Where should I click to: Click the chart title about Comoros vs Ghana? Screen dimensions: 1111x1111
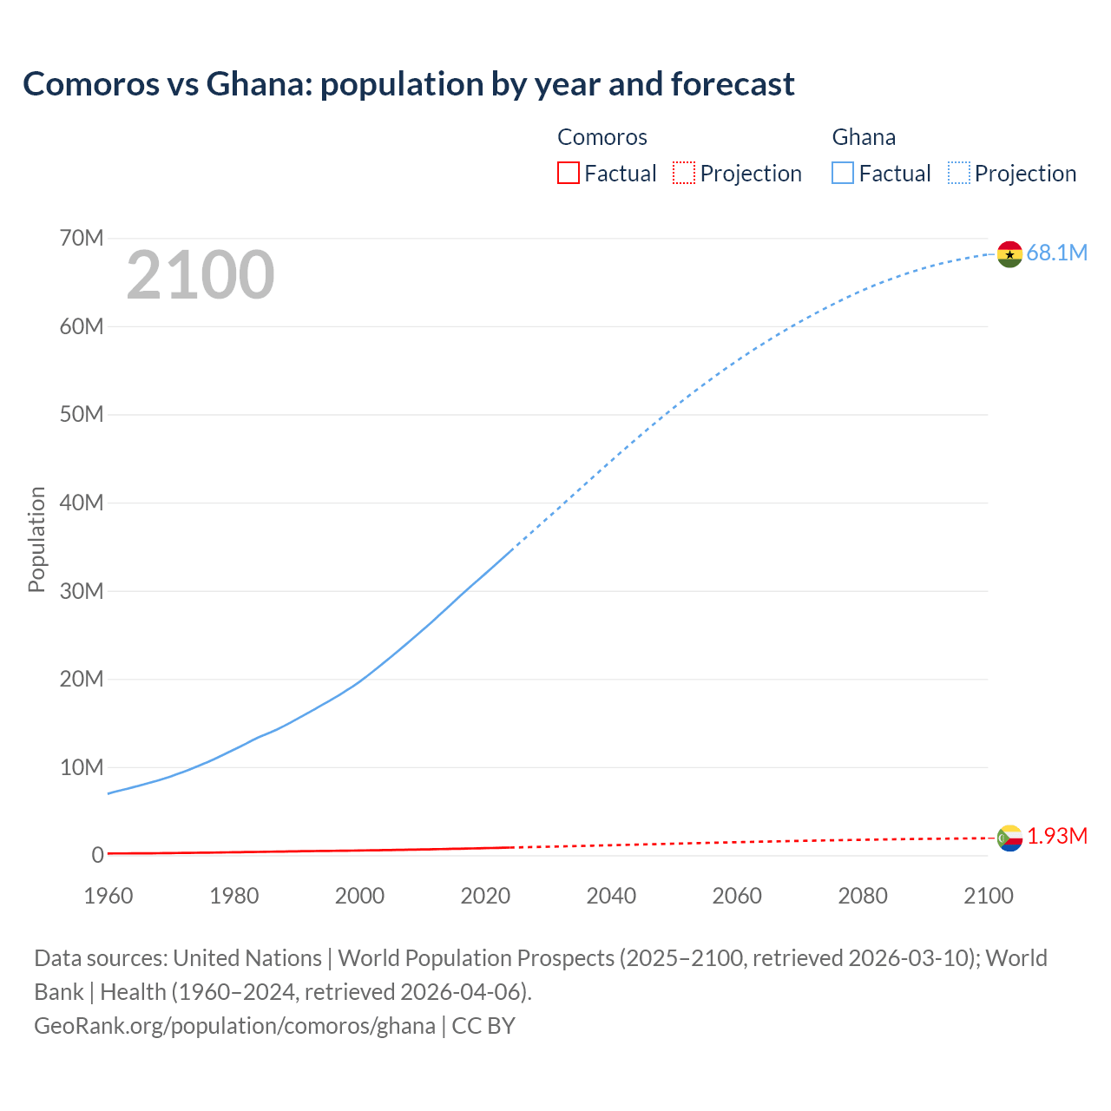(x=408, y=84)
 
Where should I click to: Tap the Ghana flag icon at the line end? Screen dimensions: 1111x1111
(x=1009, y=254)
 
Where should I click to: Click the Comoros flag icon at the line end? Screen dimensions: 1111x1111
(x=1009, y=838)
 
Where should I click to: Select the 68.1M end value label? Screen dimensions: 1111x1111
(x=1056, y=253)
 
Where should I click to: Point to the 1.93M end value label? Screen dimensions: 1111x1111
(x=1056, y=836)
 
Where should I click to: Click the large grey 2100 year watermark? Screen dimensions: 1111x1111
(x=201, y=275)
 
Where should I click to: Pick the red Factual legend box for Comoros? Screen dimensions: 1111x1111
(x=569, y=173)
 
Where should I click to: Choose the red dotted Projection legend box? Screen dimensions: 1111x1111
(x=684, y=173)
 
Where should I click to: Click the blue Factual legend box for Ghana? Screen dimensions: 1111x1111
(x=843, y=173)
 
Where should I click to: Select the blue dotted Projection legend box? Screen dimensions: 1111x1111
(x=959, y=173)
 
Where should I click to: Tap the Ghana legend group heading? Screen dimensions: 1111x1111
(x=864, y=137)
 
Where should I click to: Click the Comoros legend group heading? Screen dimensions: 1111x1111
(x=602, y=137)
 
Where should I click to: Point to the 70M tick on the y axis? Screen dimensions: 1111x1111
(x=82, y=238)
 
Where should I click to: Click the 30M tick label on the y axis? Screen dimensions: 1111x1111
(x=82, y=591)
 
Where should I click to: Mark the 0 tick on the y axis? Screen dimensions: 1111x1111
(x=97, y=855)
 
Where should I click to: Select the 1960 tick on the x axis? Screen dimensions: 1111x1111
(x=108, y=896)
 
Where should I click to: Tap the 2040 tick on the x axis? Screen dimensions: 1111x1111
(x=611, y=896)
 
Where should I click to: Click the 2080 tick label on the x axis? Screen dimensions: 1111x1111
(x=863, y=896)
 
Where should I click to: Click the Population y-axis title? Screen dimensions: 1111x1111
(x=36, y=539)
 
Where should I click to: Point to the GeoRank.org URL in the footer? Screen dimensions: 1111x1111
(x=234, y=1026)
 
